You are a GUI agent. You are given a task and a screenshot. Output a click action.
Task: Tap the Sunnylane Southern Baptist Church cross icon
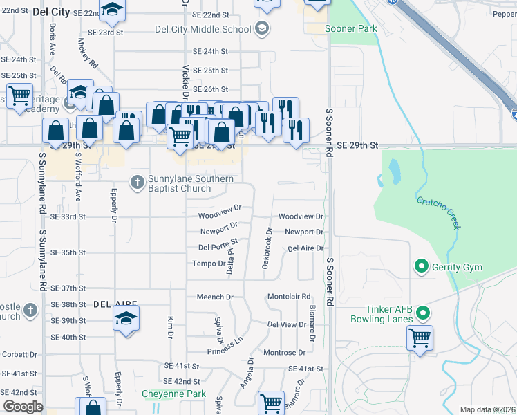point(138,183)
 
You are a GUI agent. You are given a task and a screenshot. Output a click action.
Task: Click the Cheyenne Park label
point(173,394)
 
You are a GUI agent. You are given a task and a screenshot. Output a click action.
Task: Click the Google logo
point(23,407)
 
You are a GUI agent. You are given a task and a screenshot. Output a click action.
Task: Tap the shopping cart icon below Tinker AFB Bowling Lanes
point(420,338)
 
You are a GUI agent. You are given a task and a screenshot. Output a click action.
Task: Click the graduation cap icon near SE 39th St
point(126,318)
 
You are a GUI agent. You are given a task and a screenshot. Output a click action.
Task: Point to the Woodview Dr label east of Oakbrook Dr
point(301,216)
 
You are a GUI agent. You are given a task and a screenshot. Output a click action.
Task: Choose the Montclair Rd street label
point(288,297)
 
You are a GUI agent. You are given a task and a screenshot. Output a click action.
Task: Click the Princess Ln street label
point(230,342)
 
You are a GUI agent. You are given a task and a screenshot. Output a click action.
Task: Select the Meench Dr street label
point(215,297)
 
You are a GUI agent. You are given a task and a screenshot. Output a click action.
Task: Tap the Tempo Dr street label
point(208,264)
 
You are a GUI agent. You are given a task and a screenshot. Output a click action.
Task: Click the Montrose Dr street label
point(284,353)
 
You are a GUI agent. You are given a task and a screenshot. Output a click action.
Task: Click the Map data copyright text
point(487,409)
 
